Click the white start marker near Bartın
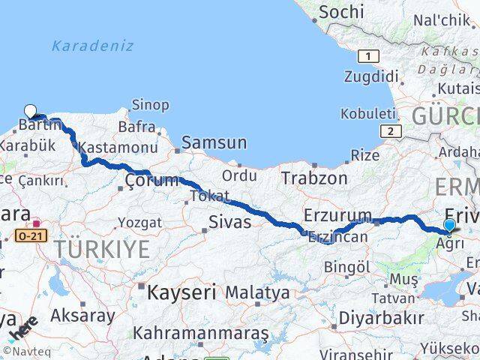click(30, 110)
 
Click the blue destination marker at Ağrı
click(449, 225)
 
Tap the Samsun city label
click(214, 142)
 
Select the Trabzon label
click(314, 178)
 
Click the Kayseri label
click(181, 292)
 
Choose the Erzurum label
click(337, 216)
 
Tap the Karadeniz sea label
click(92, 46)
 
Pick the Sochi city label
click(341, 12)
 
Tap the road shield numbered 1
click(368, 55)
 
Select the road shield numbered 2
click(390, 131)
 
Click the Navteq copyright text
click(22, 350)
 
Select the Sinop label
click(150, 105)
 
